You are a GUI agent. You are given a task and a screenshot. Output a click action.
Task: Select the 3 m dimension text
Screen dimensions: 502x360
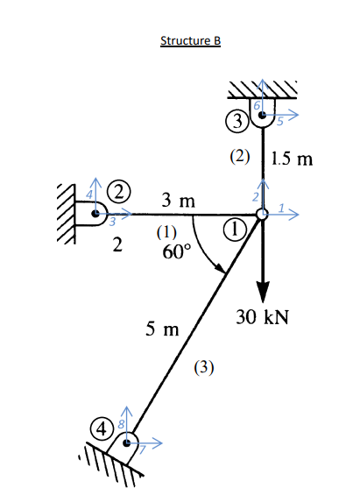[178, 202]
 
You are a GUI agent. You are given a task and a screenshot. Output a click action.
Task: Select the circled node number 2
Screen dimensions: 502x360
[117, 190]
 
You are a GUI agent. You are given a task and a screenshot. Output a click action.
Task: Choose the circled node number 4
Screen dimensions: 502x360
[104, 429]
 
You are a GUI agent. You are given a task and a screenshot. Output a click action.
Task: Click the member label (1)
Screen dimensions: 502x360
[167, 233]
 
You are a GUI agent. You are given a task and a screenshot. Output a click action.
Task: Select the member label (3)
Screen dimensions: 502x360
[203, 367]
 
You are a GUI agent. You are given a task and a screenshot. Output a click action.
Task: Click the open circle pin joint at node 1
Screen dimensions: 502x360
[262, 215]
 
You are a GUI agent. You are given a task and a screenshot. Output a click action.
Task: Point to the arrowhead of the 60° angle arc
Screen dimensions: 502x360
[224, 272]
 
